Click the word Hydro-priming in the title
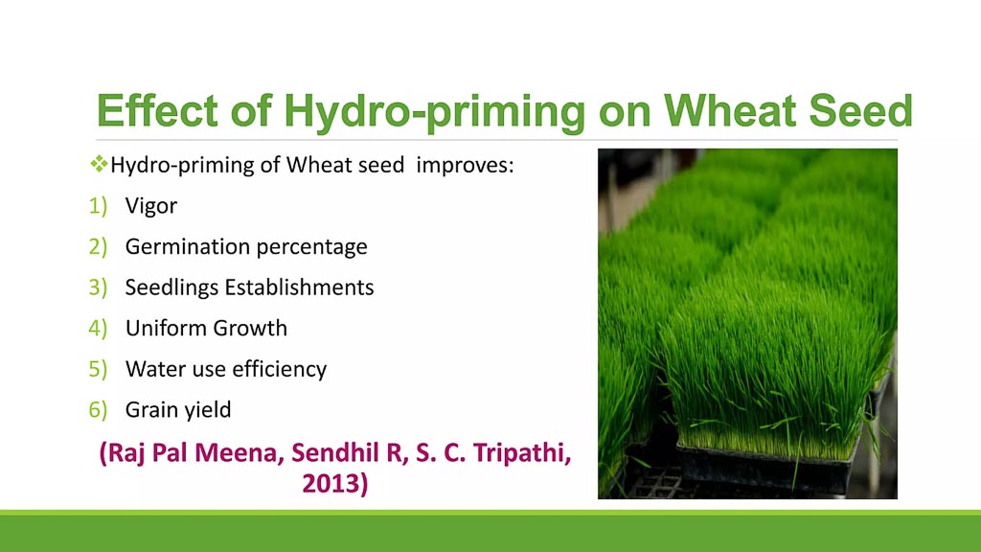click(434, 112)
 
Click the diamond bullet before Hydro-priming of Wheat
click(99, 165)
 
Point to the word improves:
click(465, 166)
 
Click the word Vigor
click(150, 206)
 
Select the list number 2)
click(98, 246)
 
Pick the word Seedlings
click(171, 287)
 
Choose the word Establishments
click(299, 287)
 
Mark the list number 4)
click(98, 328)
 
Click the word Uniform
click(166, 328)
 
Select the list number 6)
click(98, 410)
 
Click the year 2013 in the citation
click(331, 483)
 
